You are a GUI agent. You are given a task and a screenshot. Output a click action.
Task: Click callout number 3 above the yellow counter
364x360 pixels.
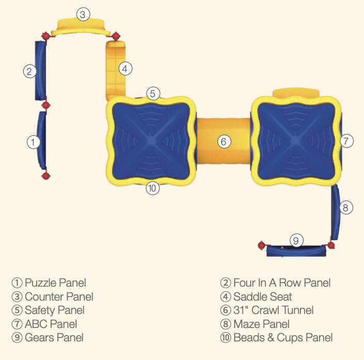click(x=83, y=14)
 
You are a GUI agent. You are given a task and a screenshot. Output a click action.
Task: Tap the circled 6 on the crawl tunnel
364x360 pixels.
click(x=223, y=141)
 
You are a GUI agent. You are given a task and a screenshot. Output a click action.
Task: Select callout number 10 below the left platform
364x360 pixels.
click(x=151, y=189)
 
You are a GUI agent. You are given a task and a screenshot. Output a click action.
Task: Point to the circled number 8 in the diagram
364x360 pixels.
click(x=346, y=208)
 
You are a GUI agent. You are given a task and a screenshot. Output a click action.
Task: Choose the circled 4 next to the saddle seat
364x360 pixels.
click(x=125, y=68)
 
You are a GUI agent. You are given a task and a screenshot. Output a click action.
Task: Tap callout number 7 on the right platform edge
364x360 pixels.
click(x=346, y=140)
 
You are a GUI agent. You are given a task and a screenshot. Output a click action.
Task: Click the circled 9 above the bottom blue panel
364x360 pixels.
click(x=296, y=240)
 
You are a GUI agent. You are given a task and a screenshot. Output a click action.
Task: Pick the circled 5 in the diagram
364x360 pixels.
click(x=153, y=93)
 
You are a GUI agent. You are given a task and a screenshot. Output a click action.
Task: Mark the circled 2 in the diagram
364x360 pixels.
click(x=30, y=71)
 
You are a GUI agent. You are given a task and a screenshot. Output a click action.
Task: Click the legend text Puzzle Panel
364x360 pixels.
click(x=55, y=283)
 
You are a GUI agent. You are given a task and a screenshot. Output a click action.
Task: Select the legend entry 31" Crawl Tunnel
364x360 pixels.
click(x=274, y=310)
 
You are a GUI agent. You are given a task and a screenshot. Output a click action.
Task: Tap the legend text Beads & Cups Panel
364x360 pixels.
click(x=283, y=338)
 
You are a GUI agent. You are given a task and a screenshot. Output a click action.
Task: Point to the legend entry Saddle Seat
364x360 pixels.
click(x=263, y=296)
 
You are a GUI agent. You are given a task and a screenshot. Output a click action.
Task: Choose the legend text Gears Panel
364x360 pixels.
click(x=54, y=338)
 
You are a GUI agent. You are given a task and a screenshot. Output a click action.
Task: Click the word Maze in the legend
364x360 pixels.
click(x=246, y=324)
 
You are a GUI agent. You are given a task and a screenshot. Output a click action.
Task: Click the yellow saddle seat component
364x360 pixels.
click(x=116, y=71)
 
